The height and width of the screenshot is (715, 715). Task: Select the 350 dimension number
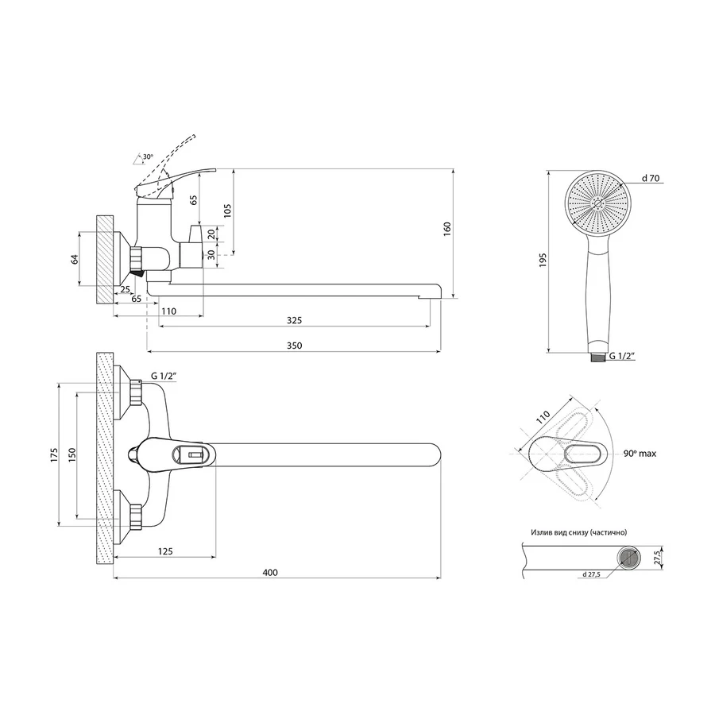[x=293, y=345]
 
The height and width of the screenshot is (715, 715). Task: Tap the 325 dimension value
[x=293, y=320]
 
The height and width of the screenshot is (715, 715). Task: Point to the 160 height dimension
[x=447, y=228]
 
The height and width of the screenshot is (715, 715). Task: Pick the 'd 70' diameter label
[x=651, y=179]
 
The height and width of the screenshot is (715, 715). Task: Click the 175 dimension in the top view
[x=54, y=454]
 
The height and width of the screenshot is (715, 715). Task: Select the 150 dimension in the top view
[x=72, y=454]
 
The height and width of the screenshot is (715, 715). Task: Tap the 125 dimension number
[x=166, y=551]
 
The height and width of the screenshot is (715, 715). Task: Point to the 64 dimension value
[x=75, y=259]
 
